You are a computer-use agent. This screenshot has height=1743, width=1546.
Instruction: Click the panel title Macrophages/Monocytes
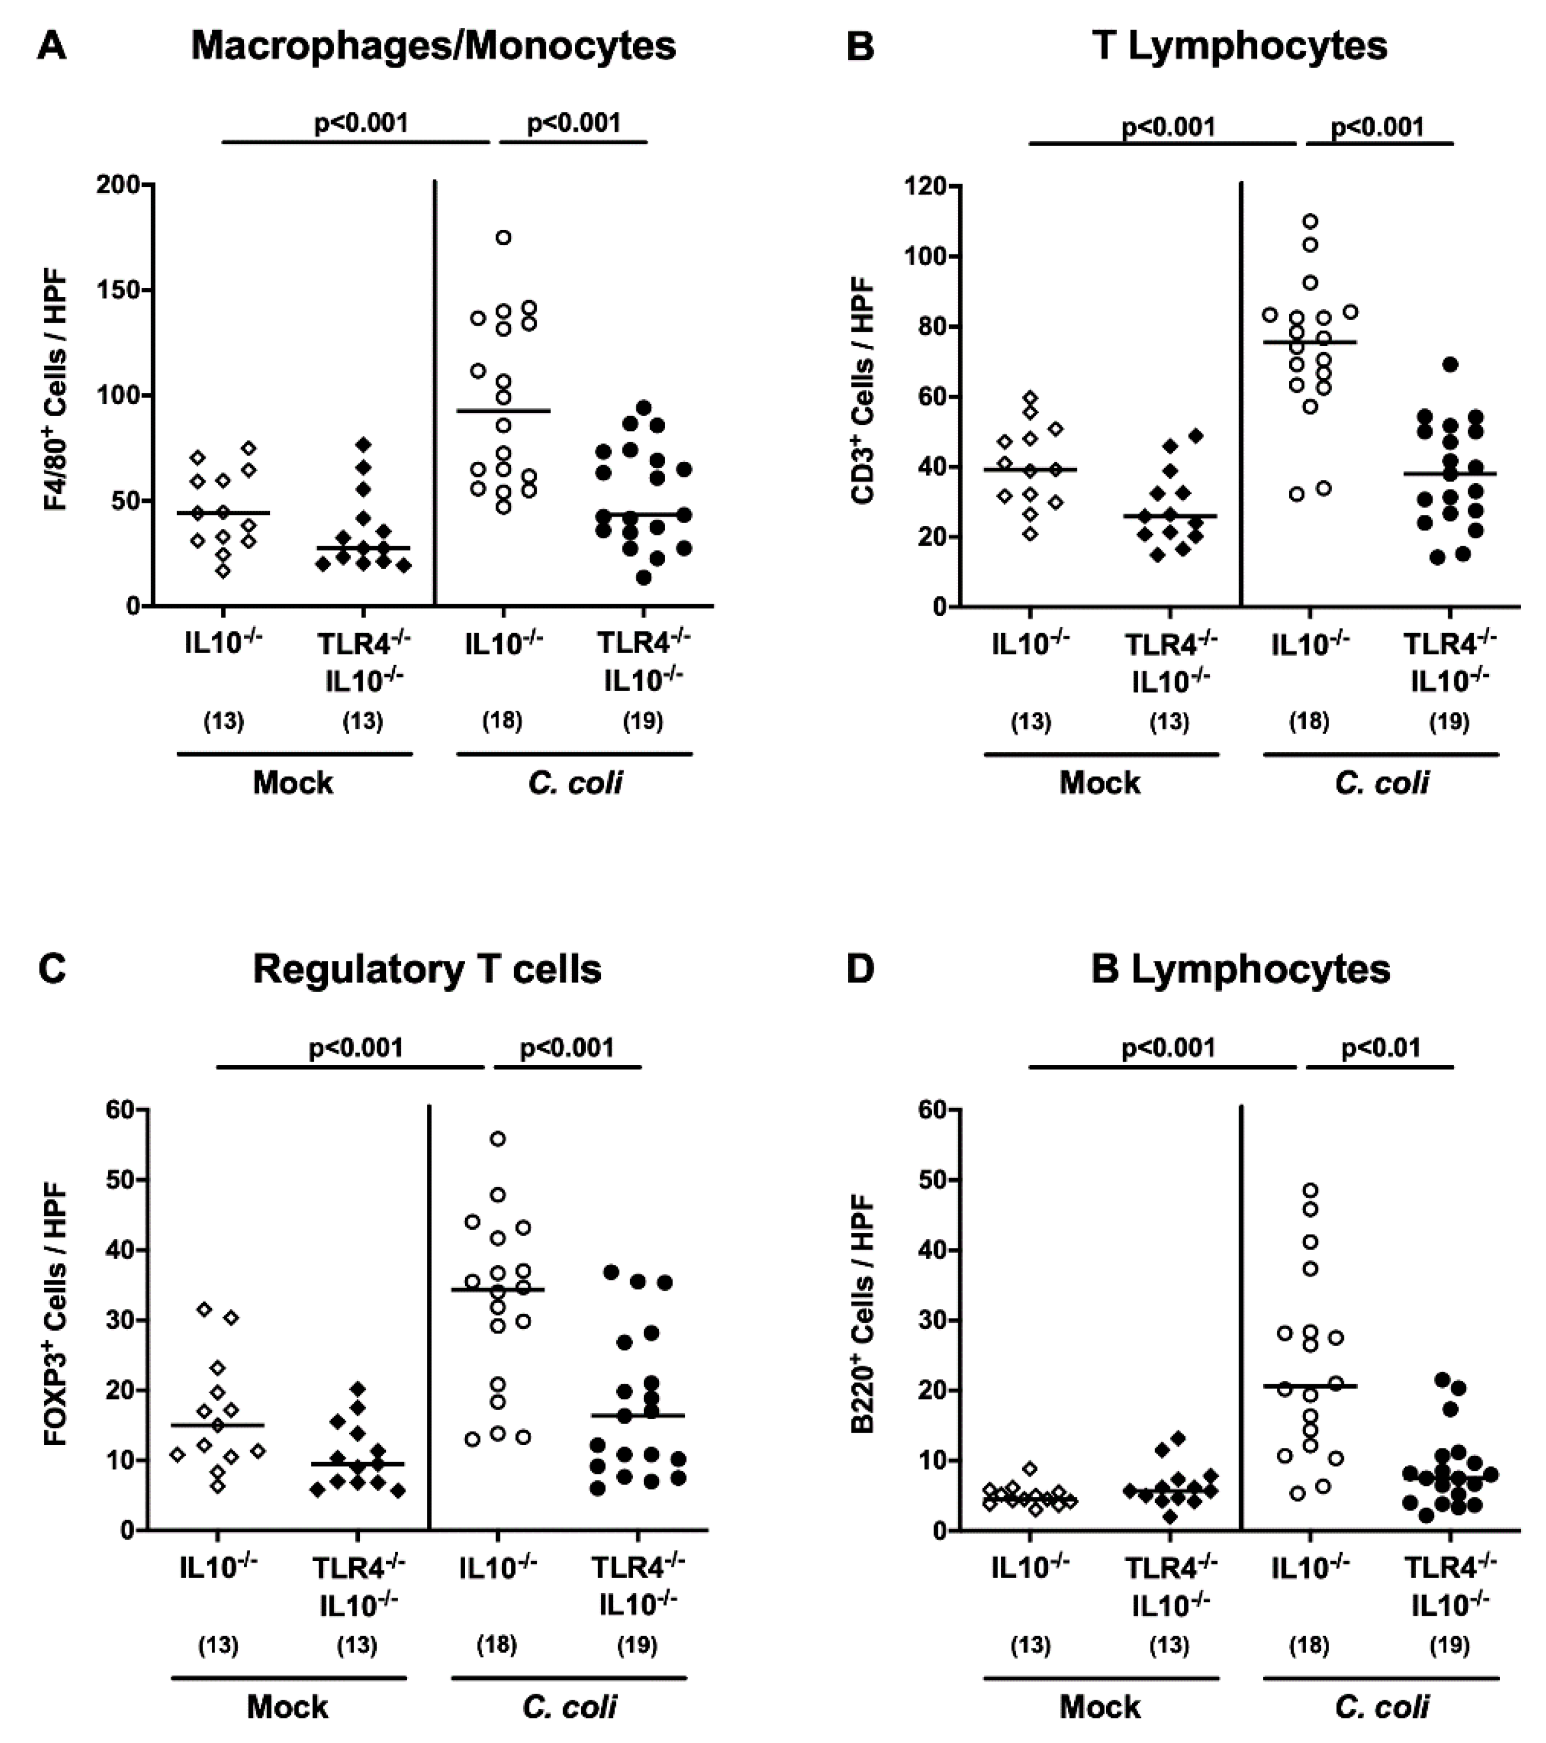coord(433,45)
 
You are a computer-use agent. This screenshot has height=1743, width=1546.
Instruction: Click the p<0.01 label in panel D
coord(1380,1047)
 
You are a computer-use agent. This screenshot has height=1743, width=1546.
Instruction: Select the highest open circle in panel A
coord(503,237)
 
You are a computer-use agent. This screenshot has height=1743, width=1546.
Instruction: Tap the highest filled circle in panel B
coord(1450,364)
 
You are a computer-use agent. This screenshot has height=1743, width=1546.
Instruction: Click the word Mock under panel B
coord(1099,782)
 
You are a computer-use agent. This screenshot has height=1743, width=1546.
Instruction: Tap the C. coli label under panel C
coord(569,1706)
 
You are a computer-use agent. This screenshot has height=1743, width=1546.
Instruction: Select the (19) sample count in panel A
coord(642,721)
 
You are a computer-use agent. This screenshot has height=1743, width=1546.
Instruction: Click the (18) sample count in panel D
coord(1309,1645)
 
